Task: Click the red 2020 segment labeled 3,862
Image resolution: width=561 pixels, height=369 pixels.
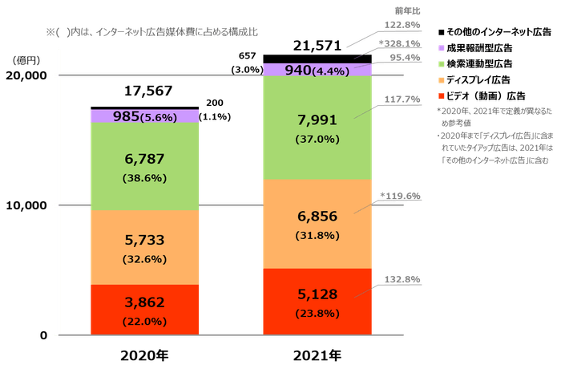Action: pos(144,310)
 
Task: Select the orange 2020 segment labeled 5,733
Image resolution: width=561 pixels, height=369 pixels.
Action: pos(144,247)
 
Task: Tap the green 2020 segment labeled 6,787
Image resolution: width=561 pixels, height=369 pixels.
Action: pos(144,167)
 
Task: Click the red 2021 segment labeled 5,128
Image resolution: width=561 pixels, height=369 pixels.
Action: pos(317,302)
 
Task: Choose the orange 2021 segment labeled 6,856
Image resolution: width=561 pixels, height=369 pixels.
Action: pos(317,224)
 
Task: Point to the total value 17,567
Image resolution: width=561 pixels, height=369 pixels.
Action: pos(144,91)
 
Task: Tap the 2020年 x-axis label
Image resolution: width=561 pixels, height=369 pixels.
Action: pos(144,353)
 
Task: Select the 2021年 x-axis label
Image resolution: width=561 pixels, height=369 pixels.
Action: pos(317,353)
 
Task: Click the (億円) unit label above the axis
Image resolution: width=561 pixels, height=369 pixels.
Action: pos(22,59)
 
